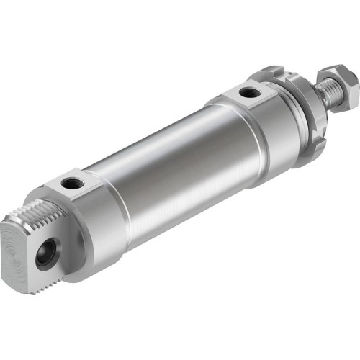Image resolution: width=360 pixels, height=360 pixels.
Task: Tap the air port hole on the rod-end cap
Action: tap(249, 91)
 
